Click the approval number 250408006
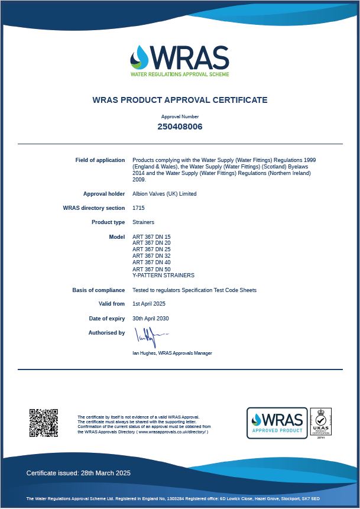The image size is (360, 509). (180, 127)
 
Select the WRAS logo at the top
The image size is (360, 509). (180, 60)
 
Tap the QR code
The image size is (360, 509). (44, 423)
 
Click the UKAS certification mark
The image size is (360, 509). (321, 423)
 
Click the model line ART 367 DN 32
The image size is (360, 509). (151, 256)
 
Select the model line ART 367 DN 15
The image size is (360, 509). (151, 236)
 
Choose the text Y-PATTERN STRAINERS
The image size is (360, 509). (163, 275)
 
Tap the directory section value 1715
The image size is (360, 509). (138, 208)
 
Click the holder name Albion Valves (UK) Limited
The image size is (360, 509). (164, 194)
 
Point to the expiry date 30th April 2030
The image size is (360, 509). (150, 319)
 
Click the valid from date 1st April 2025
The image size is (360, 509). (149, 304)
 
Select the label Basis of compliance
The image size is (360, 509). (99, 290)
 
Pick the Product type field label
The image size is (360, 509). (108, 222)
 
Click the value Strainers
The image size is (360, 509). (143, 222)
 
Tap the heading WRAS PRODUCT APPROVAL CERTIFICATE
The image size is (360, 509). (180, 100)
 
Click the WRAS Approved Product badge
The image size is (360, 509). (277, 423)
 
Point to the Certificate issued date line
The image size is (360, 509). (79, 473)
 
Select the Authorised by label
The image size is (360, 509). (106, 333)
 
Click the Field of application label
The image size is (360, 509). (100, 160)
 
